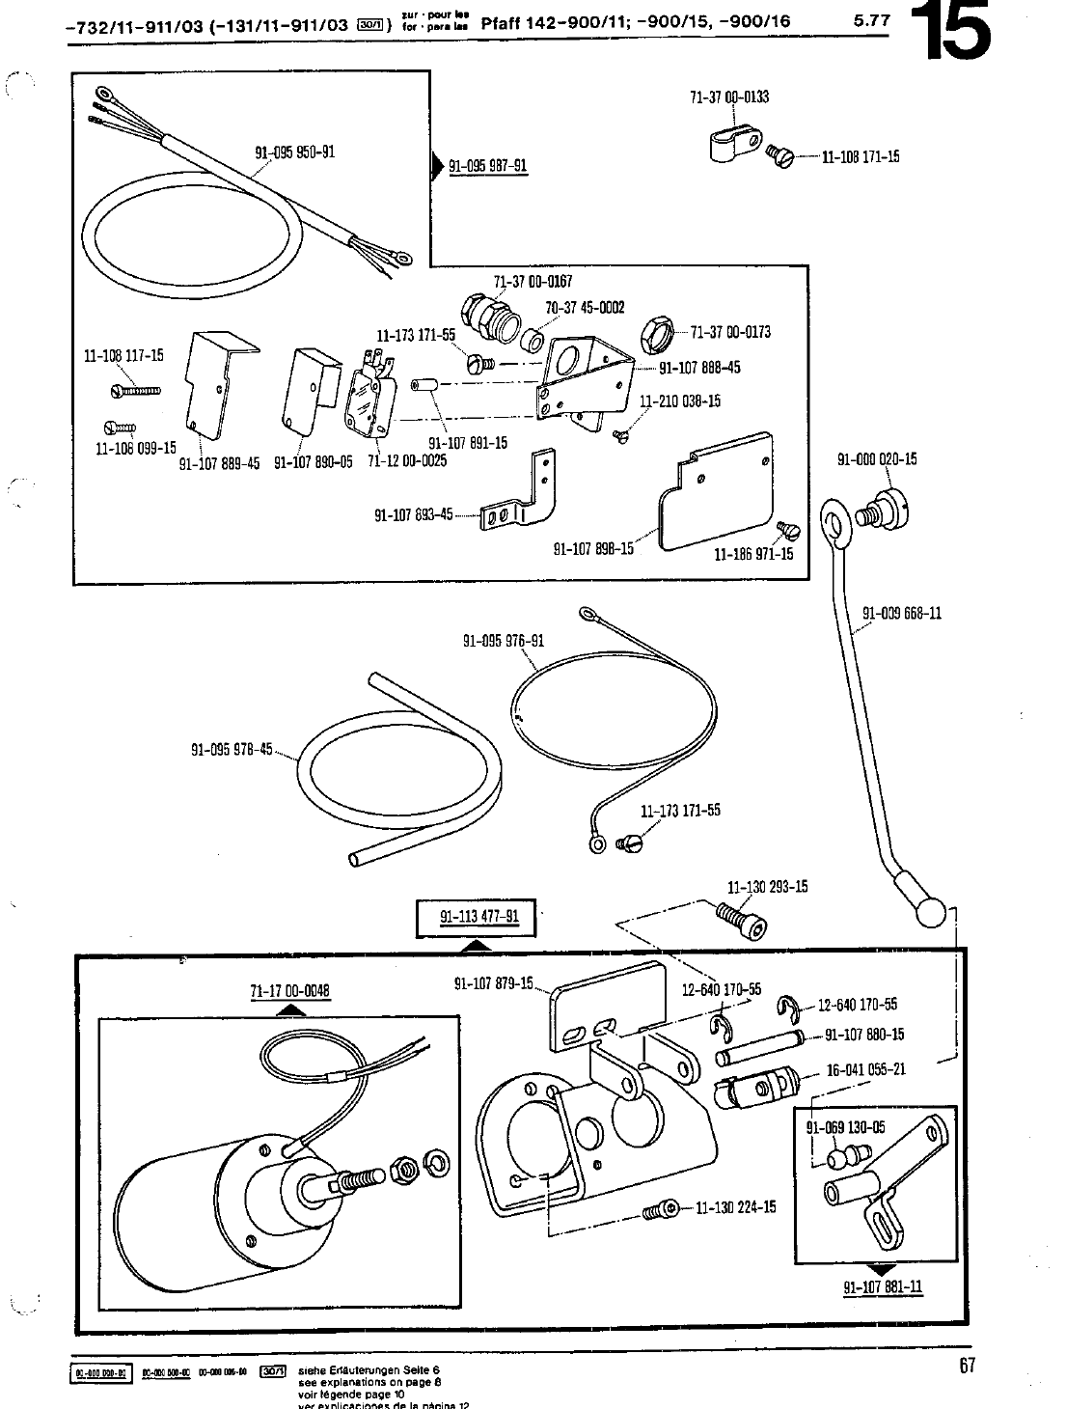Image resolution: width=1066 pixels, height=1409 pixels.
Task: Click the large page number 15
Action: pyautogui.click(x=957, y=32)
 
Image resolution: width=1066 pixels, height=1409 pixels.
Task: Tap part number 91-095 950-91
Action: pyautogui.click(x=294, y=152)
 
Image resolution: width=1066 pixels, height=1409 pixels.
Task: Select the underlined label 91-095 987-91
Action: pyautogui.click(x=488, y=166)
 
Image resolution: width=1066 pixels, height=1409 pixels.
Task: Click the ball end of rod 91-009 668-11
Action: pyautogui.click(x=932, y=913)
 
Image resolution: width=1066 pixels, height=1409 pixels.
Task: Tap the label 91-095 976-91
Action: pyautogui.click(x=503, y=641)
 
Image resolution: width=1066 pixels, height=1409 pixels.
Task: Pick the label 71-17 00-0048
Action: pyautogui.click(x=289, y=990)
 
